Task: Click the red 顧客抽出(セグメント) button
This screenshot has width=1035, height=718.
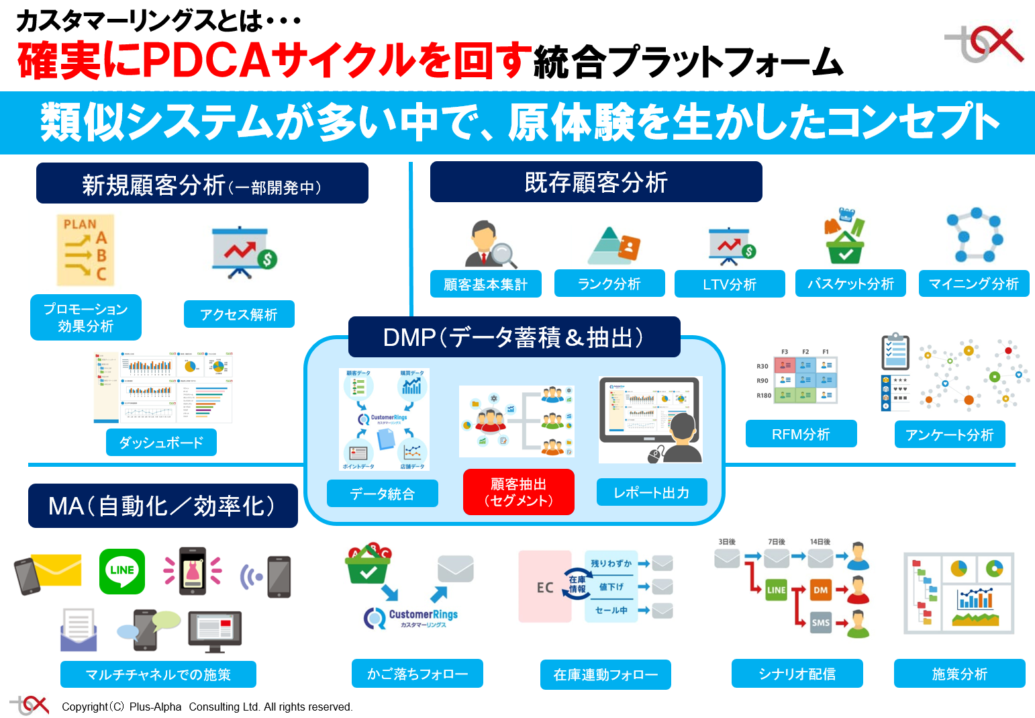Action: pos(518,492)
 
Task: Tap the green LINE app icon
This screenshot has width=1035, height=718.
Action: pos(121,571)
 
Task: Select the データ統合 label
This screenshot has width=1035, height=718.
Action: pos(382,494)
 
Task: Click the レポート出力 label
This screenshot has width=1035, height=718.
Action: pos(651,492)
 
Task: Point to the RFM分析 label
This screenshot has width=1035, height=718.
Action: pos(801,434)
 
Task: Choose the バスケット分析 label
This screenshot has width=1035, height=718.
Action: pos(850,283)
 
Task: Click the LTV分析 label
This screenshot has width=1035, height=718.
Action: pos(730,284)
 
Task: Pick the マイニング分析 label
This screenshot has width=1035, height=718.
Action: pos(973,283)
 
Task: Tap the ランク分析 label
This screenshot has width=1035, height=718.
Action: pos(609,283)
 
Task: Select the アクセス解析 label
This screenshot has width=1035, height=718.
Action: pos(239,314)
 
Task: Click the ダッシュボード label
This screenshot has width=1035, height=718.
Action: pos(161,443)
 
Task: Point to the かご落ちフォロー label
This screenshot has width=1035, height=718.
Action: pos(417,674)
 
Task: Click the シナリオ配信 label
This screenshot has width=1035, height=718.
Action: pos(797,674)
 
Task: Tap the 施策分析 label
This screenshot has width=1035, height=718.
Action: pos(959,674)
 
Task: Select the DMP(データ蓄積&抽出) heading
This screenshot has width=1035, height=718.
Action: pos(513,337)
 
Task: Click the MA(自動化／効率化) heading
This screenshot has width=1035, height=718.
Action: pos(162,506)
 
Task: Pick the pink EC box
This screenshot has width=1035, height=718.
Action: pos(544,587)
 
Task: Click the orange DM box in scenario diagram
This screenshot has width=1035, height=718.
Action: pos(820,590)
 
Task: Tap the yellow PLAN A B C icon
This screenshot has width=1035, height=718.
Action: pos(85,250)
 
